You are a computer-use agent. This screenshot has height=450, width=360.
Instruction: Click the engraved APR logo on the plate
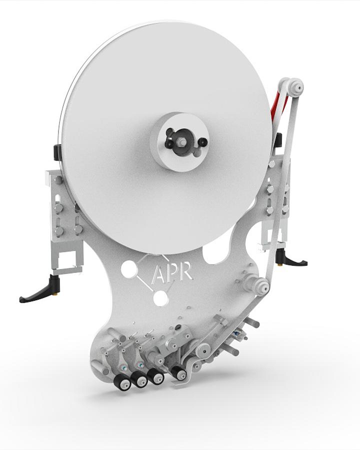(172, 272)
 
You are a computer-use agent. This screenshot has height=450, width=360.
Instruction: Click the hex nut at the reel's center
(181, 141)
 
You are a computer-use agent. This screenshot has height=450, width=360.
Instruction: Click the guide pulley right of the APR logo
(261, 286)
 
